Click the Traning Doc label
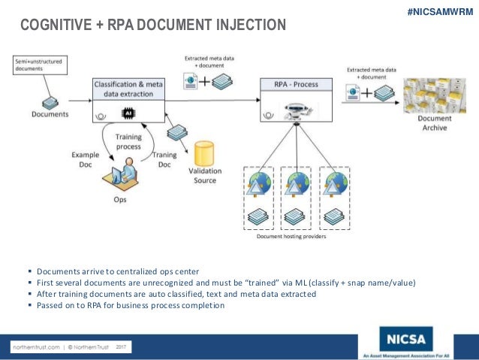tap(164, 160)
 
